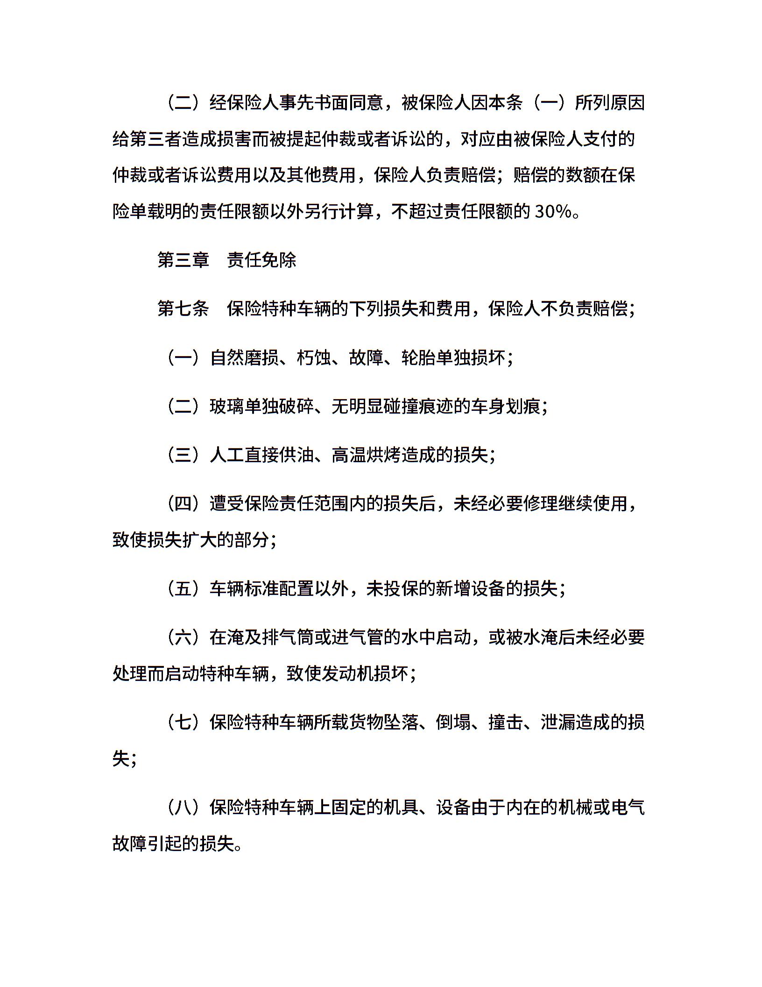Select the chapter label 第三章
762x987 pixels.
pyautogui.click(x=183, y=260)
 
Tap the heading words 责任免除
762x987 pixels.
pyautogui.click(x=261, y=260)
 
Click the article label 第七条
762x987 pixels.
pyautogui.click(x=183, y=309)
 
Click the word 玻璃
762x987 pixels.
pyautogui.click(x=227, y=407)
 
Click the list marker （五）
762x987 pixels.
pyautogui.click(x=183, y=588)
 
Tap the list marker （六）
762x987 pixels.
pyautogui.click(x=183, y=637)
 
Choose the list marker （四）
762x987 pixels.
pyautogui.click(x=183, y=503)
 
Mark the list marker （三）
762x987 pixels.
pyautogui.click(x=183, y=455)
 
